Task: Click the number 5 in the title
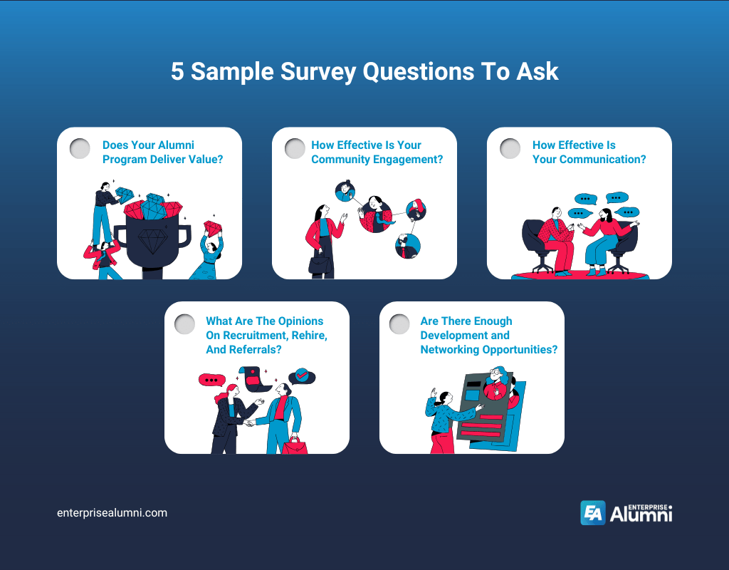coord(178,72)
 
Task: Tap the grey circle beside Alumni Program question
coord(80,148)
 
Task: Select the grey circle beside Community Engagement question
coord(295,148)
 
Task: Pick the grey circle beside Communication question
coord(510,148)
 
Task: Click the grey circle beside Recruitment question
coord(184,324)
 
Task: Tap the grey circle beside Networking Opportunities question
coord(399,324)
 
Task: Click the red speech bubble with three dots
coord(211,380)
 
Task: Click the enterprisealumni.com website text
coord(112,512)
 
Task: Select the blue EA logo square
coord(592,513)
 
